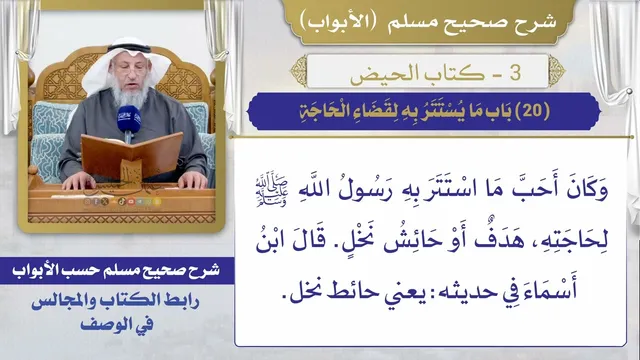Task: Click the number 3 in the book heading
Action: coord(515,72)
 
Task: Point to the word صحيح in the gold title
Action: coord(469,23)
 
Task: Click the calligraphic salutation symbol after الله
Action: coord(271,191)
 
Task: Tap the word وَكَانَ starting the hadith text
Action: coord(587,191)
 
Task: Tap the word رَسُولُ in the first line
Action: coord(365,191)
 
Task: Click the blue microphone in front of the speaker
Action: coord(129,118)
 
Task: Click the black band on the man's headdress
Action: coord(129,48)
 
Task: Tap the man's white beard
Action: coord(130,94)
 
